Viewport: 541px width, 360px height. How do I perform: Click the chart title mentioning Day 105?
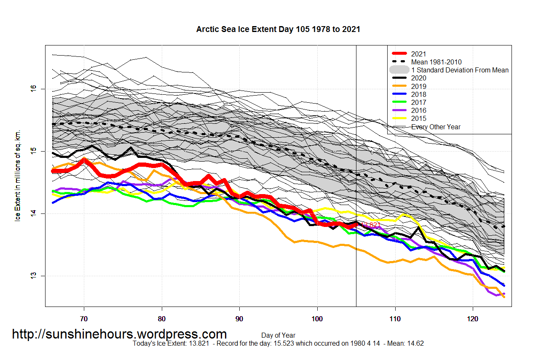pyautogui.click(x=278, y=29)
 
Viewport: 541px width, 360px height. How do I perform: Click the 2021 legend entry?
pyautogui.click(x=418, y=54)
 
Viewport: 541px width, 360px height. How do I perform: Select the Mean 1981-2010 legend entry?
pyautogui.click(x=436, y=62)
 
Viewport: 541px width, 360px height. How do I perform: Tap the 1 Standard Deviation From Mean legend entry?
pyautogui.click(x=460, y=70)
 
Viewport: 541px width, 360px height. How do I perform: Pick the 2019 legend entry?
pyautogui.click(x=418, y=86)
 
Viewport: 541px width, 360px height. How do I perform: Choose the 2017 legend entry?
pyautogui.click(x=418, y=102)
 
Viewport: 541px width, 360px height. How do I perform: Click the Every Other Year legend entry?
pyautogui.click(x=436, y=127)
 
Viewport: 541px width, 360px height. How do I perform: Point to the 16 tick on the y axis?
pyautogui.click(x=33, y=88)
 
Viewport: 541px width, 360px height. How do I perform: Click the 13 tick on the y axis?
pyautogui.click(x=33, y=276)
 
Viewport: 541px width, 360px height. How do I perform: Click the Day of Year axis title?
pyautogui.click(x=278, y=336)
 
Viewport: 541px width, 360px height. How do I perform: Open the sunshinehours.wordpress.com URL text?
pyautogui.click(x=119, y=334)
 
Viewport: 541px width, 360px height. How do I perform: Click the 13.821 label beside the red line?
pyautogui.click(x=370, y=225)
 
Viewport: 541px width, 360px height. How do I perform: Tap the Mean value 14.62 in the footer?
pyautogui.click(x=415, y=344)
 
